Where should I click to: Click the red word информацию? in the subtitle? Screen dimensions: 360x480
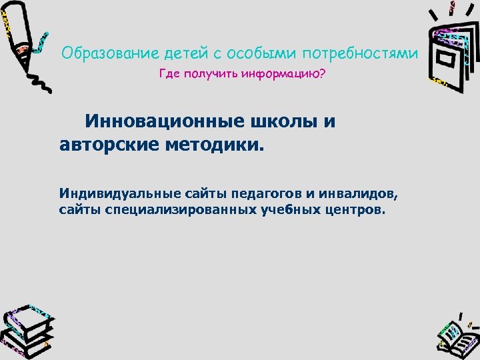[287, 74]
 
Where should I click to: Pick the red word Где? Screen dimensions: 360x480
[169, 74]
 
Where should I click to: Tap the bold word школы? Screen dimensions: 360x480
[287, 123]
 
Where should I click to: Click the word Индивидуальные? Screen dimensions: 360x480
[110, 194]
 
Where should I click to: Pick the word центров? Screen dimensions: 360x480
[359, 211]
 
